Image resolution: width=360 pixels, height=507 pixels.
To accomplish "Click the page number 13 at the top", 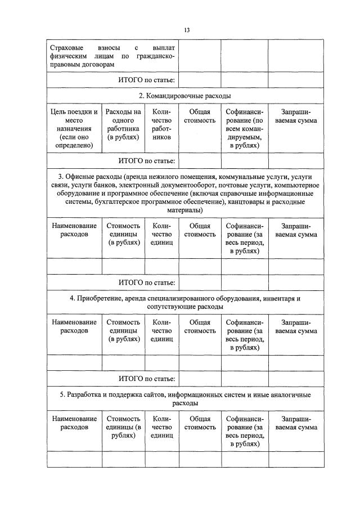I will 186,30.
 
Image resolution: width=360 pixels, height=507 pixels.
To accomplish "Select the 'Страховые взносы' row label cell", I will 112,56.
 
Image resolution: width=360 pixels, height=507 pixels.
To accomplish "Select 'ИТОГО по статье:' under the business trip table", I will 147,161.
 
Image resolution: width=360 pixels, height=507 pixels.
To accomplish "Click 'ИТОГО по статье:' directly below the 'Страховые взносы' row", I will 147,80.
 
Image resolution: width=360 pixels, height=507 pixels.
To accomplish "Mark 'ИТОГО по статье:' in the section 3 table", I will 147,282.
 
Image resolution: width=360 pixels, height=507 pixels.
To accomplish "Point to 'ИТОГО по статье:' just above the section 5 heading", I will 147,379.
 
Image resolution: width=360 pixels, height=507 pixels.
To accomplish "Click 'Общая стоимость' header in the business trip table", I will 200,116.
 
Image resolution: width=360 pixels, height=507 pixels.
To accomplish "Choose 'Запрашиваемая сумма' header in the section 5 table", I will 296,423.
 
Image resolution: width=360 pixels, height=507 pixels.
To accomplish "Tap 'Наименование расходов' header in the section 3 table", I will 74,230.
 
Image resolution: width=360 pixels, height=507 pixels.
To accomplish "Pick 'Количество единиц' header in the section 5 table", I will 161,427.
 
